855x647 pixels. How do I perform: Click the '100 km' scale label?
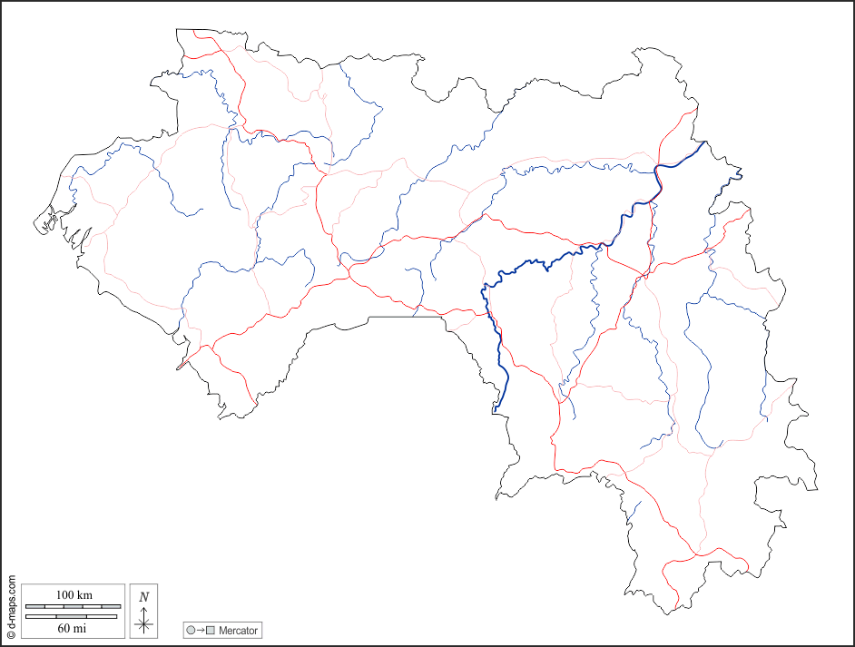click(74, 594)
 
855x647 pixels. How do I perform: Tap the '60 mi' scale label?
click(72, 627)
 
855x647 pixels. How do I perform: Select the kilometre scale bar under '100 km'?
click(73, 605)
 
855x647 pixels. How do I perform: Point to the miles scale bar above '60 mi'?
click(72, 617)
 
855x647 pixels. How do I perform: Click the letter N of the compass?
click(143, 596)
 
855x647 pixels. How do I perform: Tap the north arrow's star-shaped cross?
click(143, 622)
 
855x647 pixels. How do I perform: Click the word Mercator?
click(238, 631)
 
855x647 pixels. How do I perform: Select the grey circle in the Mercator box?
click(191, 631)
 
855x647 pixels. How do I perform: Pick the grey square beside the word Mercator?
click(211, 631)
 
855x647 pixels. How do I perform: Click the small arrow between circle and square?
click(201, 631)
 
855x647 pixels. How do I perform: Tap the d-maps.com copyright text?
click(11, 609)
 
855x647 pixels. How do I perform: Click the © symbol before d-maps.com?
click(11, 635)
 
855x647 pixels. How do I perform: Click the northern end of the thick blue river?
click(705, 142)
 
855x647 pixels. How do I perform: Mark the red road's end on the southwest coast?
click(179, 368)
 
